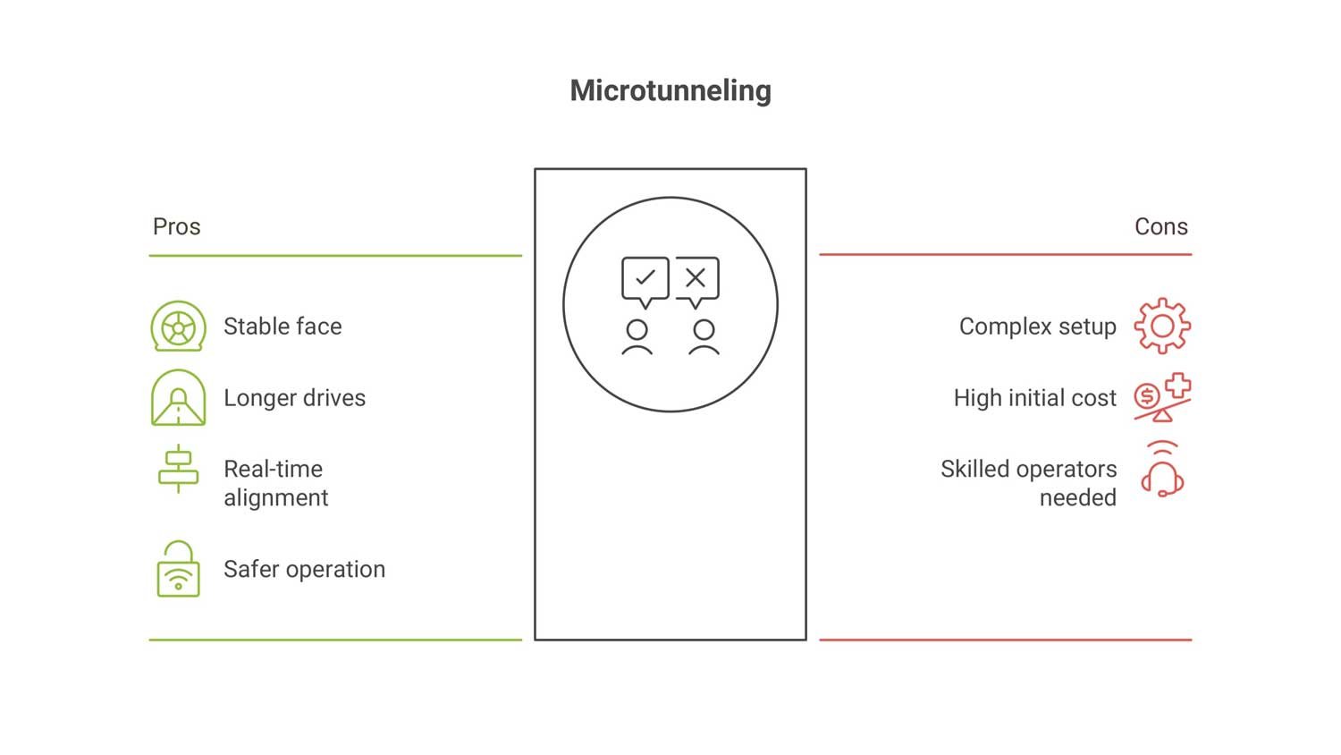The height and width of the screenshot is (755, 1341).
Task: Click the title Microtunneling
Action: [x=670, y=90]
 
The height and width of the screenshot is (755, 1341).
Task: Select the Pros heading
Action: [x=176, y=226]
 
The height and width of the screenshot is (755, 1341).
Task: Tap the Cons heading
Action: [x=1160, y=226]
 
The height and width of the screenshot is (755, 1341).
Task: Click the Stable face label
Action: [x=283, y=327]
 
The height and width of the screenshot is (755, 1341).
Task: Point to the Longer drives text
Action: [x=294, y=398]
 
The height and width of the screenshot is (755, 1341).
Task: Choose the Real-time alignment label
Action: [x=275, y=483]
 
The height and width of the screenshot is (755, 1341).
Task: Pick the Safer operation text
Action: [x=304, y=569]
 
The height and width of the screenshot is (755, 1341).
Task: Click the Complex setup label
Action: [x=1037, y=327]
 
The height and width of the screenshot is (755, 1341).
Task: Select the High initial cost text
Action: [x=1034, y=398]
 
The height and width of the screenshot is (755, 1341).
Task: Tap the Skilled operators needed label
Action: [x=1028, y=483]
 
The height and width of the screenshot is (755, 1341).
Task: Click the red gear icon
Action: [x=1162, y=327]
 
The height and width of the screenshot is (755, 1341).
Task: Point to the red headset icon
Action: [x=1162, y=471]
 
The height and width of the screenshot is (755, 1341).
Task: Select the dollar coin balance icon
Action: [x=1161, y=398]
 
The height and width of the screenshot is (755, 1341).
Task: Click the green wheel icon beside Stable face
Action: [x=179, y=327]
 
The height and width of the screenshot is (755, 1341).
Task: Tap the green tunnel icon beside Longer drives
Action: [x=179, y=398]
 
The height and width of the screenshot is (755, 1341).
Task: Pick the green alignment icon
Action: [x=179, y=468]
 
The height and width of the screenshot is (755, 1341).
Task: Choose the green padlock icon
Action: [x=179, y=569]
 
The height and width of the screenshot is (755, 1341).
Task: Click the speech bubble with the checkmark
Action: [x=645, y=280]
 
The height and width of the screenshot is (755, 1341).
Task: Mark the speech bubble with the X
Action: [x=696, y=280]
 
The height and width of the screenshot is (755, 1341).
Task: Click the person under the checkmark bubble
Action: [x=637, y=337]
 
